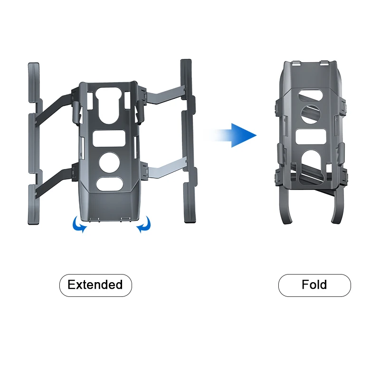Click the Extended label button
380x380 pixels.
(95, 285)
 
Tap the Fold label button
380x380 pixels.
(314, 285)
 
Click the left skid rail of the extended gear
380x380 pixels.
(33, 142)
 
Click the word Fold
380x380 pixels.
(314, 285)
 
